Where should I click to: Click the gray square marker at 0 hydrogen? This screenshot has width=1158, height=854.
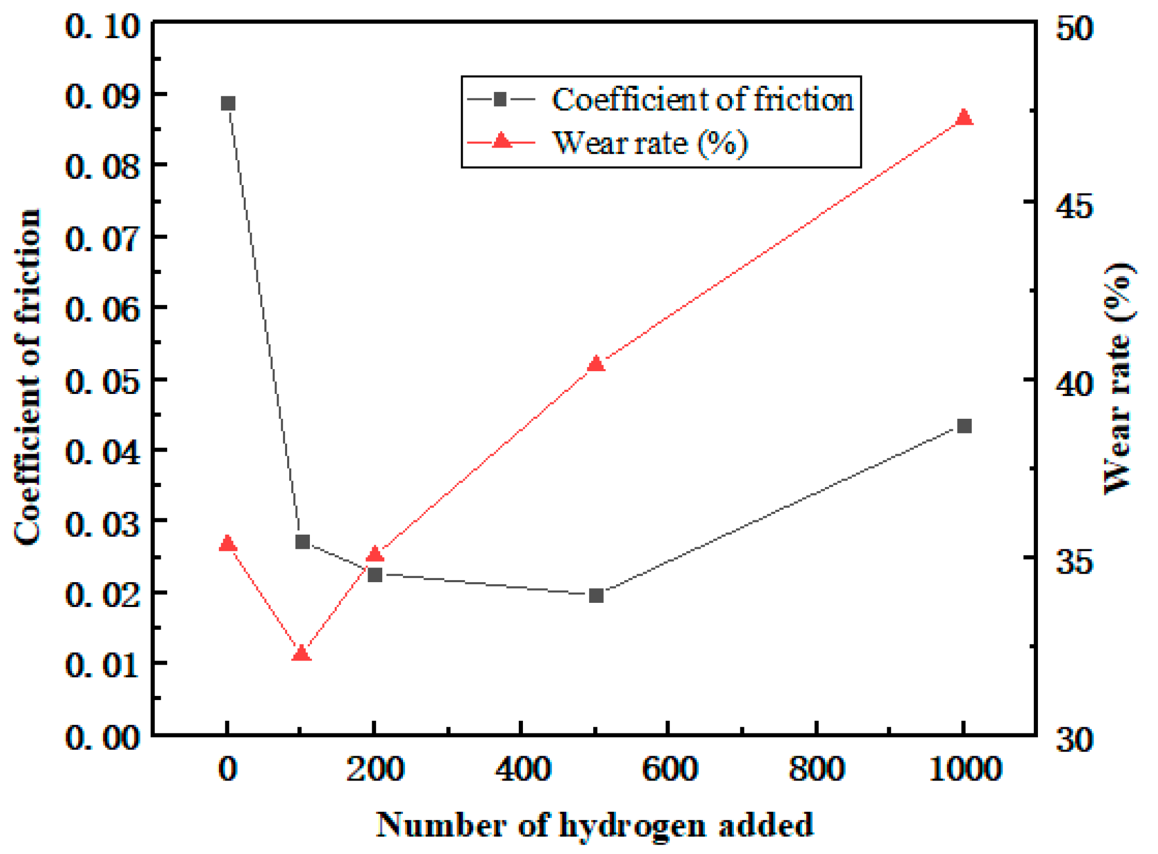click(x=228, y=103)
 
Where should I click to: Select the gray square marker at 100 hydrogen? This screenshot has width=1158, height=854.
click(x=302, y=542)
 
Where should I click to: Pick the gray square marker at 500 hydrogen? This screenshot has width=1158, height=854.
click(x=596, y=596)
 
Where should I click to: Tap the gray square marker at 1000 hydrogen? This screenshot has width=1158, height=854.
click(x=964, y=426)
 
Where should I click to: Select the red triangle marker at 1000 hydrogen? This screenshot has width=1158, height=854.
click(x=964, y=117)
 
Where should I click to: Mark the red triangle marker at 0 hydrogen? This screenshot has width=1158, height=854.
click(x=228, y=544)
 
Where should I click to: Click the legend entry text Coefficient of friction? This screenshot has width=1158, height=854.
click(x=702, y=99)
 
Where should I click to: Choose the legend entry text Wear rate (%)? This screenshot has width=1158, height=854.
click(x=650, y=143)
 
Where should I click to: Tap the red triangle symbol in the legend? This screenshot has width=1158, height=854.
click(x=501, y=141)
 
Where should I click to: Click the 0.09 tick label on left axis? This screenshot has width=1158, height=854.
click(x=103, y=96)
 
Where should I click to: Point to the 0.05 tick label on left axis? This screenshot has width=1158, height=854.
click(x=103, y=380)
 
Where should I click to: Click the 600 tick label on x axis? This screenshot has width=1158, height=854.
click(x=670, y=769)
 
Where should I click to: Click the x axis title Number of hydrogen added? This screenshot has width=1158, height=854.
click(x=594, y=825)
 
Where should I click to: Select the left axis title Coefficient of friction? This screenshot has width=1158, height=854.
click(x=27, y=377)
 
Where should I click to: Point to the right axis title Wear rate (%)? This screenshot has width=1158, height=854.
click(x=1119, y=378)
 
